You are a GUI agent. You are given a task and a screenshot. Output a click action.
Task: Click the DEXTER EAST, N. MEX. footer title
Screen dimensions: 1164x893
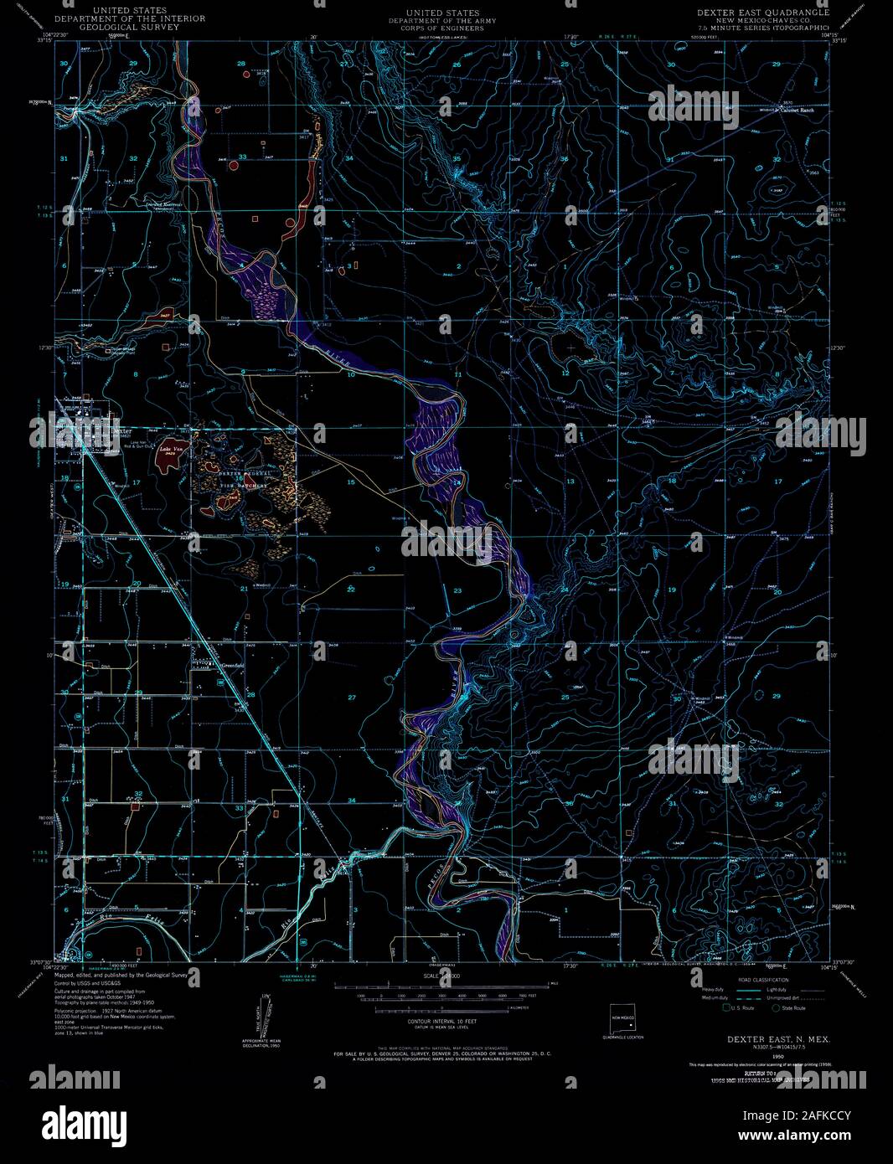[770, 1038]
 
